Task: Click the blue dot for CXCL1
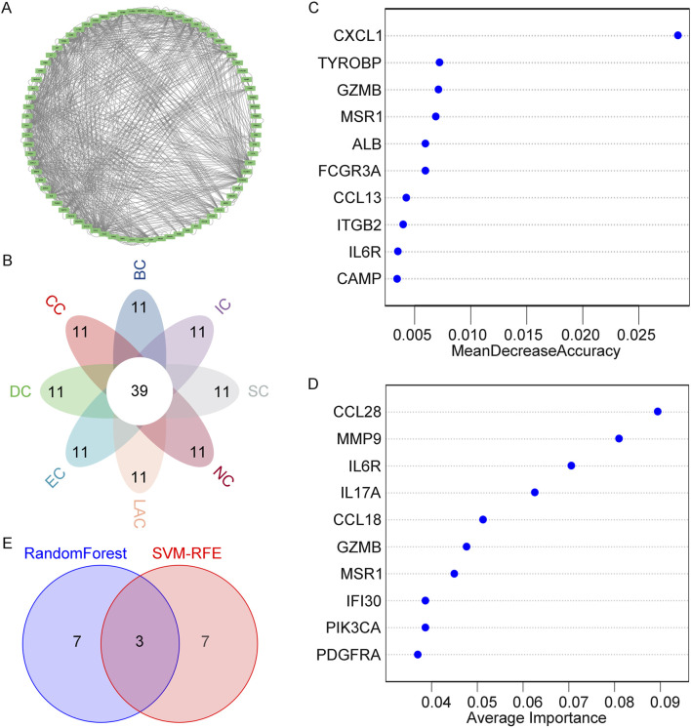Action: point(677,35)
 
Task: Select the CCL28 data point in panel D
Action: point(658,412)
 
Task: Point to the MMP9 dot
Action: point(619,438)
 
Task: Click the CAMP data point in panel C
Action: point(396,279)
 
